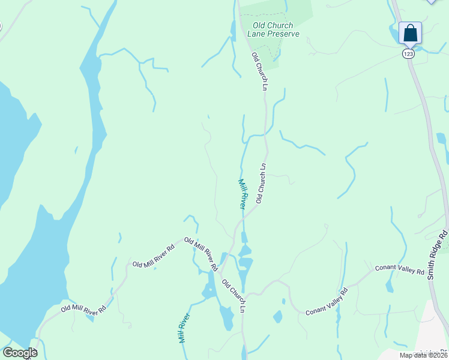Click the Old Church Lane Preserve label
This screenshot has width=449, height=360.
273,30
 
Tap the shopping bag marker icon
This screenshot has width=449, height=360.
410,32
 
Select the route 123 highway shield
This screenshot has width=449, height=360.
408,54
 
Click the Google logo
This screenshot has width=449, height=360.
19,353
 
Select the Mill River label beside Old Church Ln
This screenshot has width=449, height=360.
243,193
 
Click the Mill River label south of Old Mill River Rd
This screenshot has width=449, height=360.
184,328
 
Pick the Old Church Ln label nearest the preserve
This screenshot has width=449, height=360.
259,71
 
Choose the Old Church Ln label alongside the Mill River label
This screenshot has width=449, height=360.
261,183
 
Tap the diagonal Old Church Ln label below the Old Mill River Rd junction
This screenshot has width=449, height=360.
234,296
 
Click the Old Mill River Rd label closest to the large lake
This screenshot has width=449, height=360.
83,310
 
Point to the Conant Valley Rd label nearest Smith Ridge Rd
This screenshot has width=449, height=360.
399,269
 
